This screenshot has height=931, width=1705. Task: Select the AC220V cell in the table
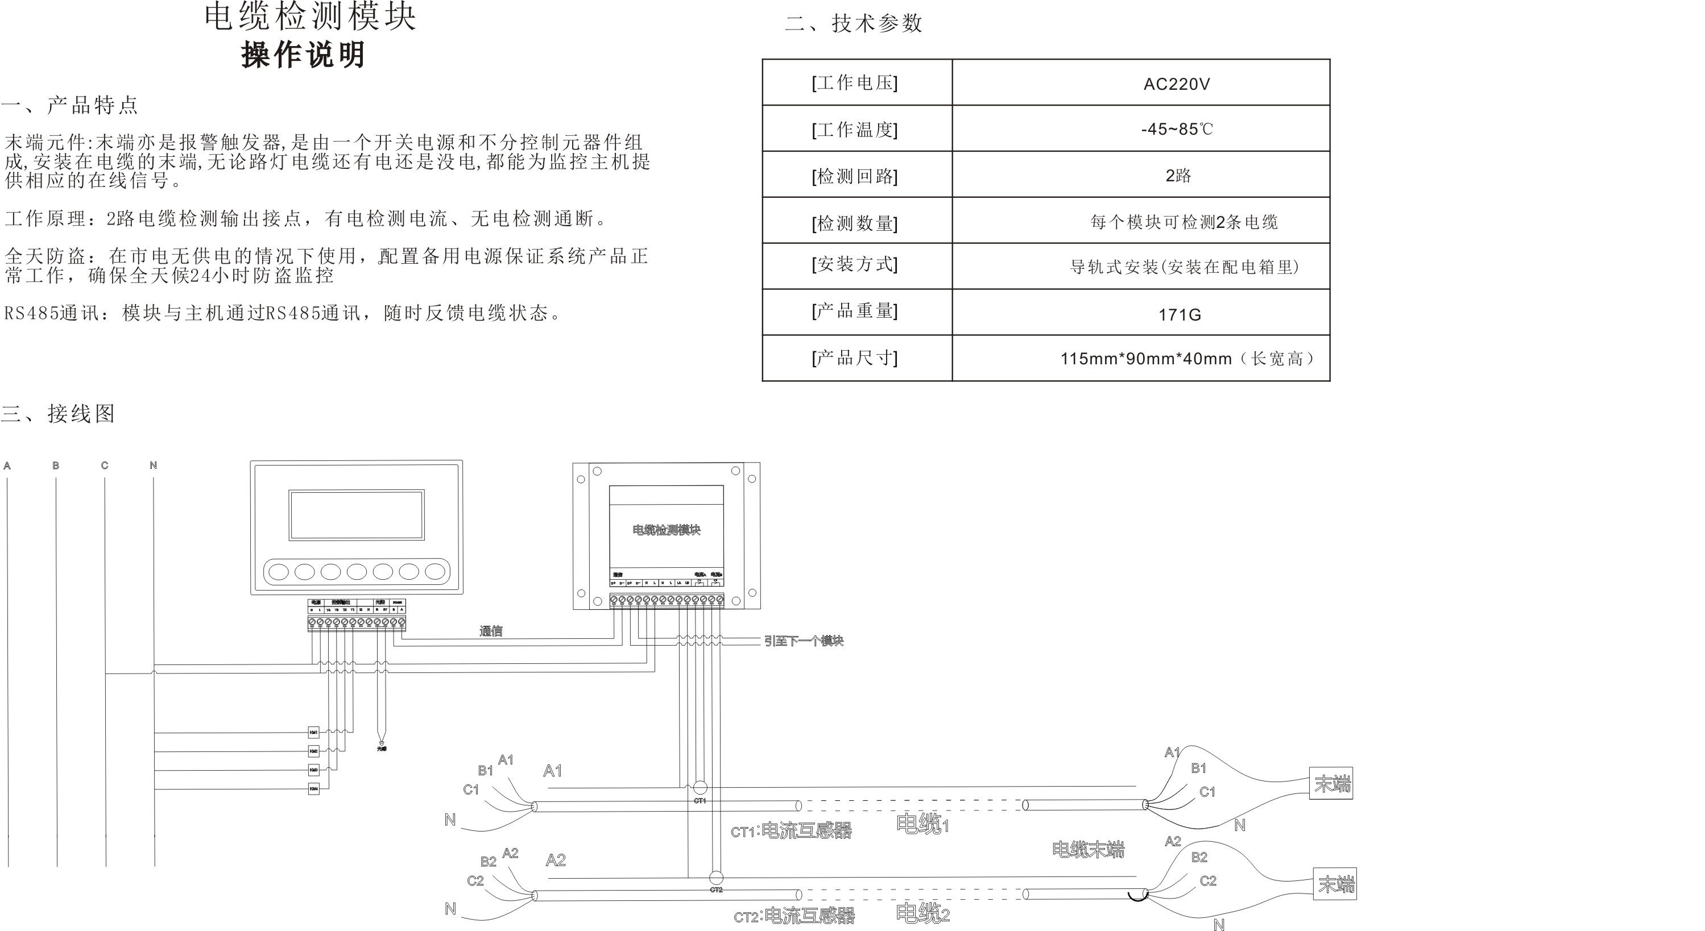pos(1176,84)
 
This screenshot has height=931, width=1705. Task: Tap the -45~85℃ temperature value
pos(1176,129)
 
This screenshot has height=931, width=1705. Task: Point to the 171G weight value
pos(1179,314)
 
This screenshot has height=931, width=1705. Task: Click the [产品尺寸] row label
pos(854,358)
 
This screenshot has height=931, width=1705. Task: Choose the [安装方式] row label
pos(854,265)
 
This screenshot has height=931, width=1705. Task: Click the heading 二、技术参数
pos(854,23)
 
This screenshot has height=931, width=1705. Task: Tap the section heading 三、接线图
pos(58,414)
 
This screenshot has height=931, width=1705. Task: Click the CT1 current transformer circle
pos(700,787)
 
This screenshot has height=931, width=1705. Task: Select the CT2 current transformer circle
pos(716,878)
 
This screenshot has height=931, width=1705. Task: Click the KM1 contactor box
pos(314,732)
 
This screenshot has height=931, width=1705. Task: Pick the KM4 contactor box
pos(314,788)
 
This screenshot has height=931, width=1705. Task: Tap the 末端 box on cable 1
pos(1331,783)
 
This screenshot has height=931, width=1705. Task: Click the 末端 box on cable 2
pos(1335,883)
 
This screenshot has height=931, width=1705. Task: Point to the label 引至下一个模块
pos(804,641)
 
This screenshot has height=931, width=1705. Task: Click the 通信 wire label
pos(490,630)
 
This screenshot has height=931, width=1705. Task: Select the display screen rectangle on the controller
pos(356,515)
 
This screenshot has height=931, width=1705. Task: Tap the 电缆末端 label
pos(1088,850)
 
